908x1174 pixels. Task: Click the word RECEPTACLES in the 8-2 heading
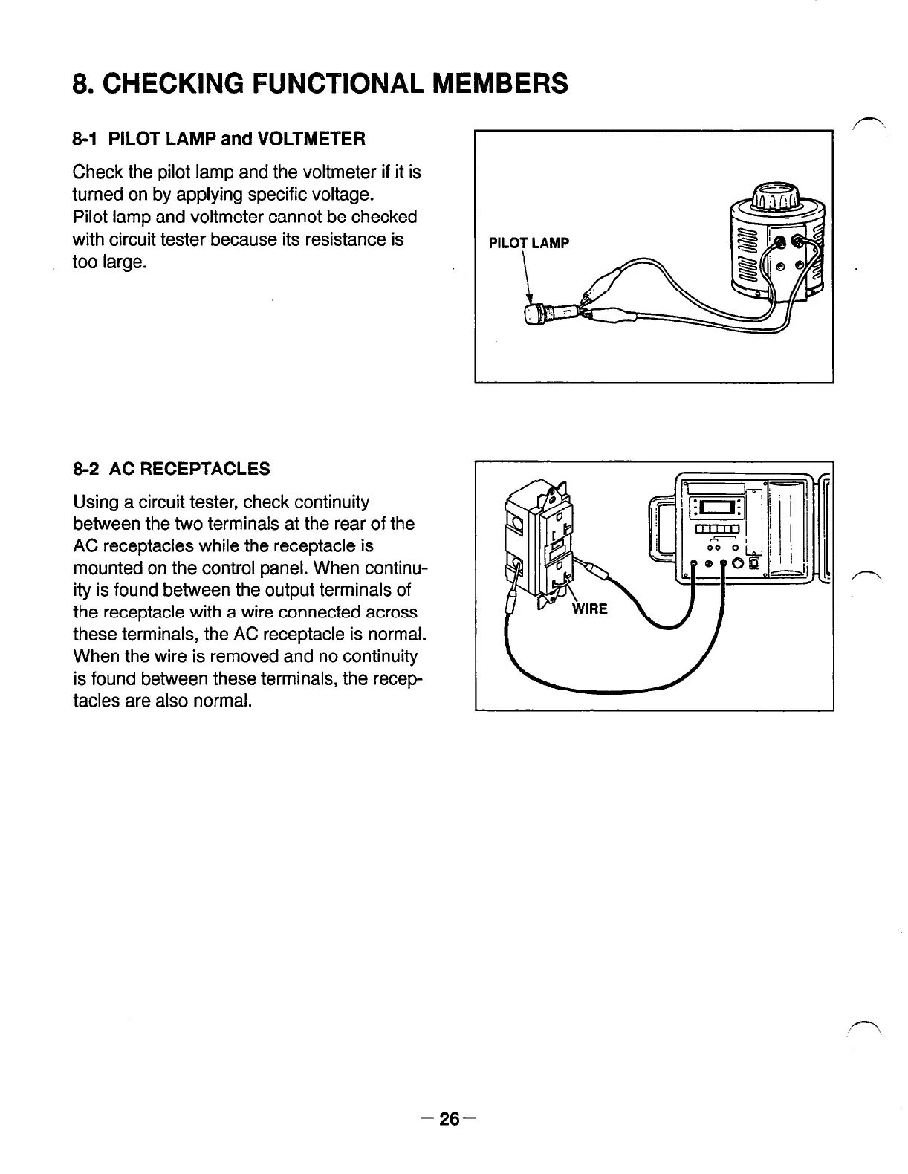pos(218,469)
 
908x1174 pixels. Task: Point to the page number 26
pos(450,1118)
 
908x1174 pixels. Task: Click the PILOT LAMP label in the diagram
pos(528,243)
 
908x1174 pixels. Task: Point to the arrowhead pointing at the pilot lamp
pos(530,299)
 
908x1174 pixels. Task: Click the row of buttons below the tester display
pos(716,530)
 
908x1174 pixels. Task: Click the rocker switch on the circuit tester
pos(754,562)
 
